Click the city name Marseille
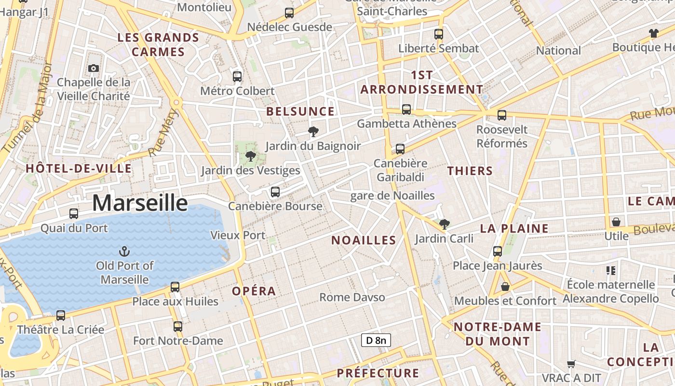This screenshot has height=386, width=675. (x=140, y=203)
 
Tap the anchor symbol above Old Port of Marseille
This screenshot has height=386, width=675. (x=124, y=251)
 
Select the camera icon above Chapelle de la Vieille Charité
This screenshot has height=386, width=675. (x=94, y=68)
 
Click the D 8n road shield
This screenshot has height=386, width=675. (x=376, y=340)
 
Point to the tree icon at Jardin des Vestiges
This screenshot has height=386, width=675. (x=250, y=156)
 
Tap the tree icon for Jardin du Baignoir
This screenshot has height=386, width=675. (x=313, y=131)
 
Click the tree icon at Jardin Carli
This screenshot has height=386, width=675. (x=445, y=224)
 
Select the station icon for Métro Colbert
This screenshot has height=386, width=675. (x=237, y=76)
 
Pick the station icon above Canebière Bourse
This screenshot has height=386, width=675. (x=275, y=192)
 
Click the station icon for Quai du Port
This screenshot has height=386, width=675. (x=74, y=213)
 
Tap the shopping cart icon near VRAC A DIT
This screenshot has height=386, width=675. (x=571, y=364)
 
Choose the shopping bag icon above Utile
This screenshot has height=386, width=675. (x=616, y=222)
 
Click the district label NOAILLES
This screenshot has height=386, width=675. (x=364, y=240)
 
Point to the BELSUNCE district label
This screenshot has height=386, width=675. (x=300, y=111)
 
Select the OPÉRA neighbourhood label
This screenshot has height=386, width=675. (x=254, y=291)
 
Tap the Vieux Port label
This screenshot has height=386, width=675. (x=238, y=235)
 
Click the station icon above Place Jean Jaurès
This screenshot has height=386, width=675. (x=498, y=251)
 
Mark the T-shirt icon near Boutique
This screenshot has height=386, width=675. (x=653, y=33)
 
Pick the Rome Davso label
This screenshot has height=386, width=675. (x=352, y=297)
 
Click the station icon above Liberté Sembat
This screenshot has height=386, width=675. (x=439, y=34)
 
